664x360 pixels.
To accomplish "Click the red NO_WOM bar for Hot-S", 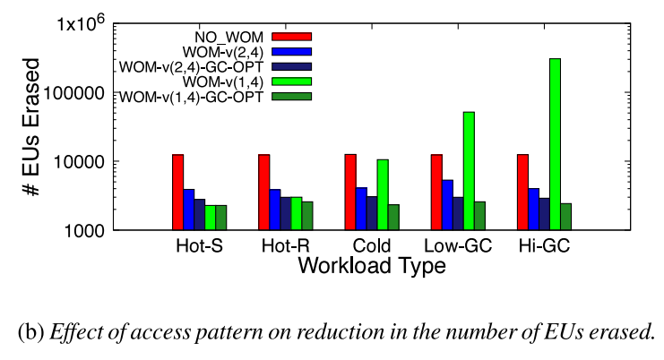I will pos(177,192).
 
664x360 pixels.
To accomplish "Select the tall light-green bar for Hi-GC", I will pos(555,144).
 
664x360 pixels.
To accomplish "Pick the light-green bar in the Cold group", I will pos(383,194).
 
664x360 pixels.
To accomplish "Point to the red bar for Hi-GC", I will pos(522,192).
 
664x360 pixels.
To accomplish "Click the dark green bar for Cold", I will pos(393,217).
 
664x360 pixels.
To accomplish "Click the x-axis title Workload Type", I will pos(372,266).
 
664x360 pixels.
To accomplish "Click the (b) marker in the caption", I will pos(30,330).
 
